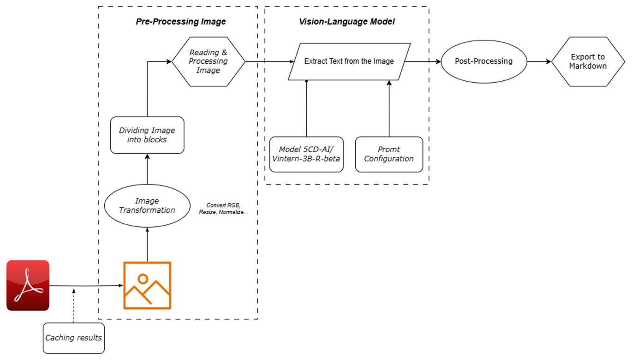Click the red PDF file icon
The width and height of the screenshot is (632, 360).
tap(28, 285)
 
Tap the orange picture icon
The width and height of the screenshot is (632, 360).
tap(147, 285)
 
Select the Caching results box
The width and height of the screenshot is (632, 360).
tap(74, 338)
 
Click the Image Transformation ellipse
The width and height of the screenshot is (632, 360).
tap(147, 205)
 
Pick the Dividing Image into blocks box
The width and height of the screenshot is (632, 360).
tap(147, 135)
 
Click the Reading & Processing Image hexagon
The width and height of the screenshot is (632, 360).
tap(208, 61)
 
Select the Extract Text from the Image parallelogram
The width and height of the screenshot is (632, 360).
tap(349, 61)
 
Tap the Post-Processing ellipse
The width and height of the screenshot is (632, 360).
tap(484, 61)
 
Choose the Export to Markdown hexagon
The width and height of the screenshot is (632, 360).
tap(588, 61)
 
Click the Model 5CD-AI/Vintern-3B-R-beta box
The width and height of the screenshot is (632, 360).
tap(306, 154)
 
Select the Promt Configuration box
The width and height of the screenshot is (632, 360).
tap(389, 154)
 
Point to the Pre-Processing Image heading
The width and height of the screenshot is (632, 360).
tap(181, 21)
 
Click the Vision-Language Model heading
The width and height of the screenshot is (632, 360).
tap(347, 21)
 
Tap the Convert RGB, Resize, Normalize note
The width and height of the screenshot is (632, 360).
tap(223, 209)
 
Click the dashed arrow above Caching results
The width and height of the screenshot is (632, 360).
tap(74, 306)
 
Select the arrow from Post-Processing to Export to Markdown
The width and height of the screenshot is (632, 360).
tap(539, 61)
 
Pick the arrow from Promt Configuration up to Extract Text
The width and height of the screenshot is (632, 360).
tap(389, 109)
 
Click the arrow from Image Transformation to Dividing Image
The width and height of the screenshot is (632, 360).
tap(147, 169)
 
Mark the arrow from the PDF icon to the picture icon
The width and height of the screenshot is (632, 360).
tap(86, 286)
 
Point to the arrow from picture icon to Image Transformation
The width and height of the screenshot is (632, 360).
tap(147, 245)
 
